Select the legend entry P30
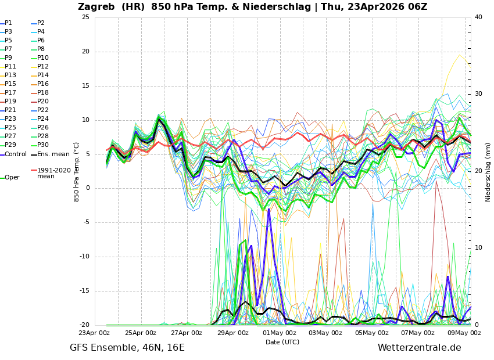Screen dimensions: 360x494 click(x=42, y=145)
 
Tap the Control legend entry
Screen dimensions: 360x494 click(x=16, y=154)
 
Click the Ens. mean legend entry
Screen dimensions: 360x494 click(x=53, y=154)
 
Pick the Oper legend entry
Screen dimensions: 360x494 click(x=12, y=178)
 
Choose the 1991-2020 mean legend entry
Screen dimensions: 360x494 click(x=53, y=173)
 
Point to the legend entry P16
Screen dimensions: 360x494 click(x=42, y=84)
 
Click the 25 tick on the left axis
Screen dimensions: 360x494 click(x=85, y=17)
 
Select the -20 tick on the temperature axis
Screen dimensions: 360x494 click(x=84, y=325)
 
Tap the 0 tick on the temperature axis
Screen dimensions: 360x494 click(x=87, y=188)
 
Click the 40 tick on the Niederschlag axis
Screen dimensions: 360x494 click(x=478, y=17)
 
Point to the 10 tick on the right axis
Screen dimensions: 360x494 click(x=478, y=248)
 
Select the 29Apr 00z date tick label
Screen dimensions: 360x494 click(x=232, y=333)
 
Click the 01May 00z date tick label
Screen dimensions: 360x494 click(x=279, y=333)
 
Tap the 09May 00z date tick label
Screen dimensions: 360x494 click(x=464, y=333)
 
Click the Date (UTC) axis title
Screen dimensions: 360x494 click(x=282, y=343)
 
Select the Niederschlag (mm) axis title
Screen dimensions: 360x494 click(x=488, y=172)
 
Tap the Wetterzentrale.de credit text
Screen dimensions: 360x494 click(x=419, y=348)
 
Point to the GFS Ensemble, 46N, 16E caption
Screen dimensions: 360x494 click(x=127, y=348)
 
